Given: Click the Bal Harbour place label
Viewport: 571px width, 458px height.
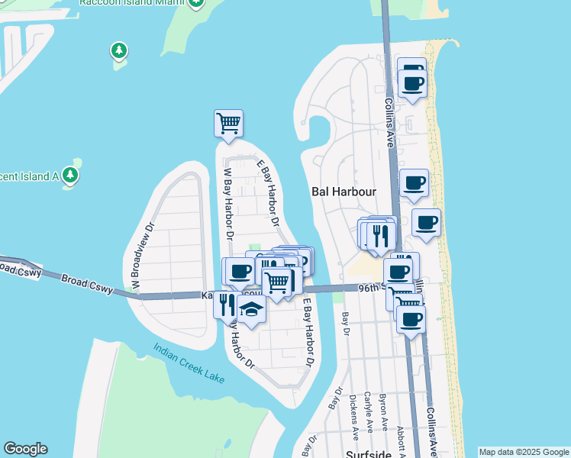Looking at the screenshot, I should [x=342, y=192].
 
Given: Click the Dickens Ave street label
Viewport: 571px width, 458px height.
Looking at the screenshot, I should [x=353, y=417].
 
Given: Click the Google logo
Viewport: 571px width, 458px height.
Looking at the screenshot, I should [x=25, y=449].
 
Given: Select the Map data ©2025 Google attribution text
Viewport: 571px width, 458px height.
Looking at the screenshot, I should [x=524, y=452].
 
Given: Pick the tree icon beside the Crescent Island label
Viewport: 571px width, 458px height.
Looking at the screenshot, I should [x=71, y=175].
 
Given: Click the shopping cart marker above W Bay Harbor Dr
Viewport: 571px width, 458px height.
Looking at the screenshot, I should [x=229, y=122].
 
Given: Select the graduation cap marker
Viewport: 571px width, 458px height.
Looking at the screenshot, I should [x=250, y=308].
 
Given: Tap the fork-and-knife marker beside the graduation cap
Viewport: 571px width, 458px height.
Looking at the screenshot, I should [x=227, y=305].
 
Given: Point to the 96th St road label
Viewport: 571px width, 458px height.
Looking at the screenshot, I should [x=373, y=287].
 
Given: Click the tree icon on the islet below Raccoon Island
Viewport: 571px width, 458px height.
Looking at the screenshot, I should [x=118, y=51].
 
